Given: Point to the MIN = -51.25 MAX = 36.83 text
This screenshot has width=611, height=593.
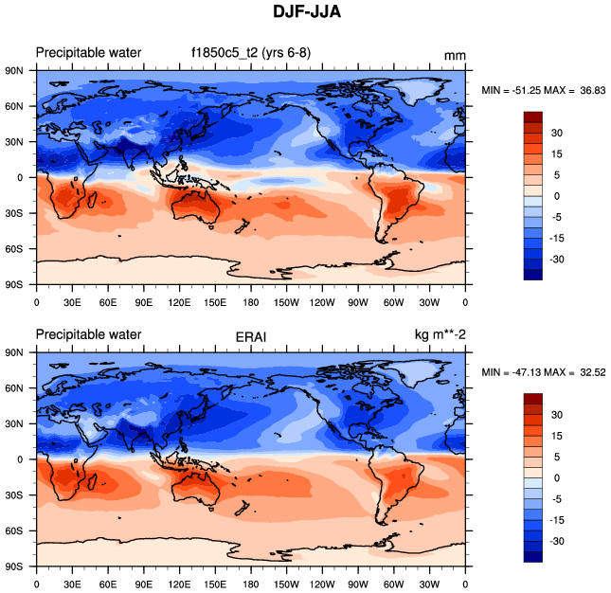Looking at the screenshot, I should point(544,90).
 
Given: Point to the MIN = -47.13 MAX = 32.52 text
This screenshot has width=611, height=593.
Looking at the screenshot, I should point(544,372).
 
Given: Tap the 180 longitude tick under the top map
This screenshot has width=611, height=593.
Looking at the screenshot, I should point(251,303).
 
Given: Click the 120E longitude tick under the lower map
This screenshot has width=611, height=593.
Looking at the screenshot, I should point(179,584).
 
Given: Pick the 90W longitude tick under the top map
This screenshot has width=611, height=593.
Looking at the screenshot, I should point(358,303).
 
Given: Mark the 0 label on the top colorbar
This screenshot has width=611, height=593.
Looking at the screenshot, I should point(556,196).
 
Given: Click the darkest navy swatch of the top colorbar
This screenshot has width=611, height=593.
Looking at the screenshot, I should point(532,274).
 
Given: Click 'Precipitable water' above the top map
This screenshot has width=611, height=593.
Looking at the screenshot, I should point(88,53).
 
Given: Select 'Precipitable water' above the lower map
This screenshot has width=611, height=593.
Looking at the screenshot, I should point(88,334).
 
